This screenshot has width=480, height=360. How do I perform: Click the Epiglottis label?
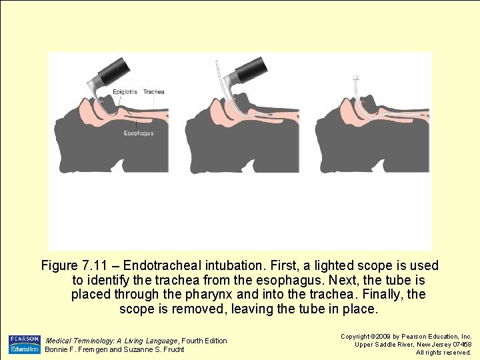(x=125, y=92)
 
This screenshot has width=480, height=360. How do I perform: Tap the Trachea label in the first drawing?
(x=154, y=92)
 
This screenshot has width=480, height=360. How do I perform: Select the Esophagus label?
(x=139, y=133)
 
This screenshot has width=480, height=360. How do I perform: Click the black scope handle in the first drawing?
(x=114, y=71)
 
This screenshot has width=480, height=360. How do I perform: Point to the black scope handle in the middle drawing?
(x=249, y=71)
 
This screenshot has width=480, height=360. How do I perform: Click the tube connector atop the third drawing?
(x=356, y=77)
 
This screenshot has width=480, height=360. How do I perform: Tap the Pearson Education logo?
(x=25, y=345)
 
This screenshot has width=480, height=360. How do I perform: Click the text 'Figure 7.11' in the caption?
(x=74, y=265)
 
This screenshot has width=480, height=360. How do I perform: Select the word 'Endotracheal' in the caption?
(x=162, y=265)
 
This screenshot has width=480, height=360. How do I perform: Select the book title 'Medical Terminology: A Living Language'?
(x=111, y=341)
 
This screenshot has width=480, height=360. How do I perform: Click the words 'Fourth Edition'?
(x=204, y=341)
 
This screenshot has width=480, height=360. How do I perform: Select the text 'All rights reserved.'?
(x=443, y=353)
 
